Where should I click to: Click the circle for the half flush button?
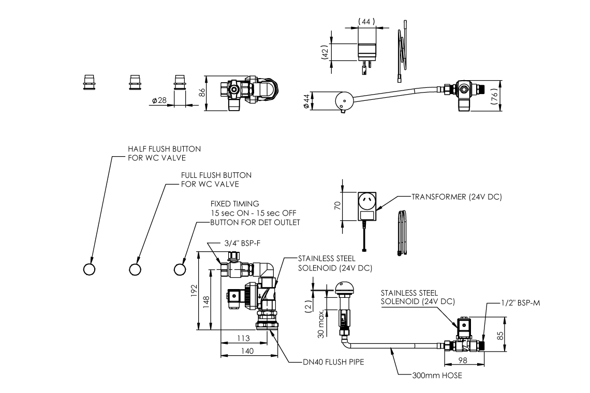89,269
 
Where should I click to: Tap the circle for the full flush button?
135,269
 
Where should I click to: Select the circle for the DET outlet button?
180,269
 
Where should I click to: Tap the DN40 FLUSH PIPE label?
333,362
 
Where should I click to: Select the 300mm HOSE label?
437,375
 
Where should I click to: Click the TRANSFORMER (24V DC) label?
456,197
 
